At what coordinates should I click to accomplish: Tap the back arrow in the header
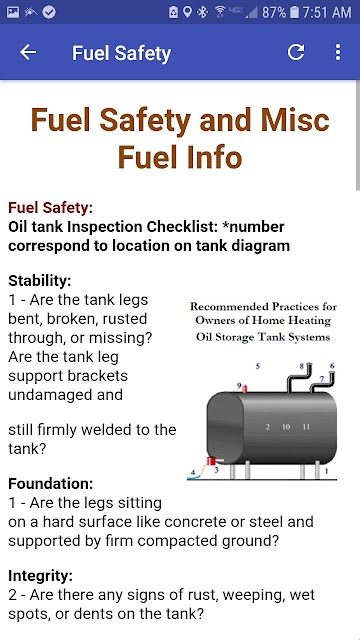click(x=28, y=52)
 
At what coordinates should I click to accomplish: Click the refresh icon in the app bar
click(x=296, y=52)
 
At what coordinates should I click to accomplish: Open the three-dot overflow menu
click(x=338, y=52)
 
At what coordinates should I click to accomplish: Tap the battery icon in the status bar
click(x=294, y=12)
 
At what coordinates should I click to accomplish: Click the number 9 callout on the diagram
click(x=239, y=385)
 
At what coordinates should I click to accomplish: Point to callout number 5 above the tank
click(x=258, y=366)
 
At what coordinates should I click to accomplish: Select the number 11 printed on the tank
click(x=306, y=427)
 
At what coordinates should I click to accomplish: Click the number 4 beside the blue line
click(x=193, y=473)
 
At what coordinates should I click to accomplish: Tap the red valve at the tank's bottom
click(x=211, y=461)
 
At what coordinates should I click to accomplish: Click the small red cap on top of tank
click(x=244, y=389)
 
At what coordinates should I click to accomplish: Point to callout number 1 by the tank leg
click(x=326, y=471)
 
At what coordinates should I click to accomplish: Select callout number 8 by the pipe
click(x=302, y=366)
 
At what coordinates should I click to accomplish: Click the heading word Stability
click(x=40, y=281)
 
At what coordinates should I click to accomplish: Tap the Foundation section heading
click(x=51, y=484)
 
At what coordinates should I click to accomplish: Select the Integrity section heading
click(x=40, y=576)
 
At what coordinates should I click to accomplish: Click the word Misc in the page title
click(x=296, y=120)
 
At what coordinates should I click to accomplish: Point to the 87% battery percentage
click(x=274, y=12)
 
